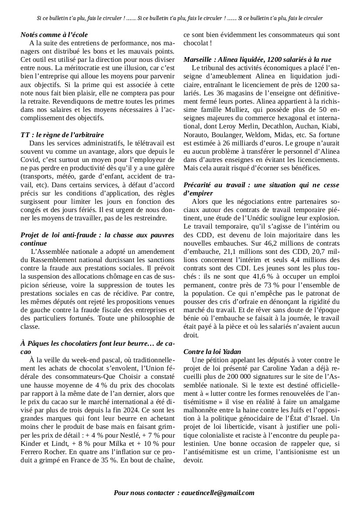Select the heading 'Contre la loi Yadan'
(212, 351)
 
